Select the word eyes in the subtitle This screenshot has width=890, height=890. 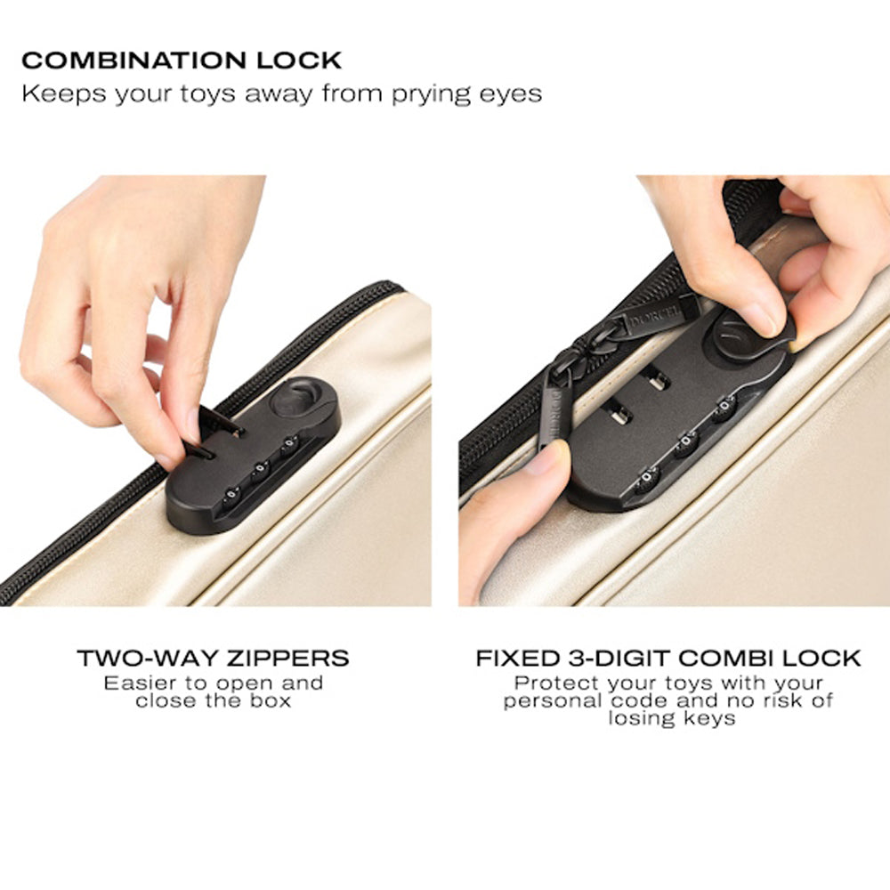pyautogui.click(x=510, y=95)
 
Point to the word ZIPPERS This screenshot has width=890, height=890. pyautogui.click(x=287, y=659)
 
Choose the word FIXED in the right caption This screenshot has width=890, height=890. pyautogui.click(x=518, y=659)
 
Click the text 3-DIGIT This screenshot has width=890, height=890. pyautogui.click(x=619, y=659)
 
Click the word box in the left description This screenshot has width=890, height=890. pyautogui.click(x=271, y=700)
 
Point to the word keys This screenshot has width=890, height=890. pyautogui.click(x=709, y=718)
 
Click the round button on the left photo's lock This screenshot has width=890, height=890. pyautogui.click(x=296, y=397)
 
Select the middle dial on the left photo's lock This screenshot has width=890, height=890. pyautogui.click(x=261, y=469)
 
